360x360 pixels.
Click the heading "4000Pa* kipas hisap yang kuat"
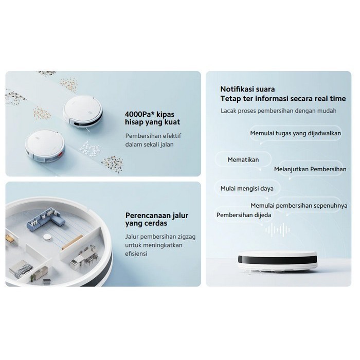tap(152, 118)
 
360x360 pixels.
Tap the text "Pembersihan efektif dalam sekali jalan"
tap(153, 140)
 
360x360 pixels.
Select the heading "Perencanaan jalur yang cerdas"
tap(157, 219)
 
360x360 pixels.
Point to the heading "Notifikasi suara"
tap(247, 89)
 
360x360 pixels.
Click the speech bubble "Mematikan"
tap(243, 159)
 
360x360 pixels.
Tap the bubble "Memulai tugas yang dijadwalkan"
tap(296, 133)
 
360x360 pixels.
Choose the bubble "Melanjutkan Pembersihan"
tap(310, 169)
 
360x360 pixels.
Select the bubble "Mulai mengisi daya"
tap(247, 189)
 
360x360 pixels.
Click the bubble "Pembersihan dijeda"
tap(244, 215)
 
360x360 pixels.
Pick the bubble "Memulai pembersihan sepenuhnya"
tap(299, 206)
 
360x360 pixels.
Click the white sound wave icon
tap(277, 229)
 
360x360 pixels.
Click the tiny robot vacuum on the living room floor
tap(47, 237)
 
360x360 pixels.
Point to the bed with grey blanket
tap(21, 268)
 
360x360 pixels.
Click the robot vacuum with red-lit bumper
tap(45, 146)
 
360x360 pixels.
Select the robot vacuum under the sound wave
tap(277, 261)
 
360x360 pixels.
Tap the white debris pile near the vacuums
tap(90, 148)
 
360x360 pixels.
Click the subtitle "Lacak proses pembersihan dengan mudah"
tap(279, 111)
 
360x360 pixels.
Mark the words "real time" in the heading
tap(330, 99)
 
